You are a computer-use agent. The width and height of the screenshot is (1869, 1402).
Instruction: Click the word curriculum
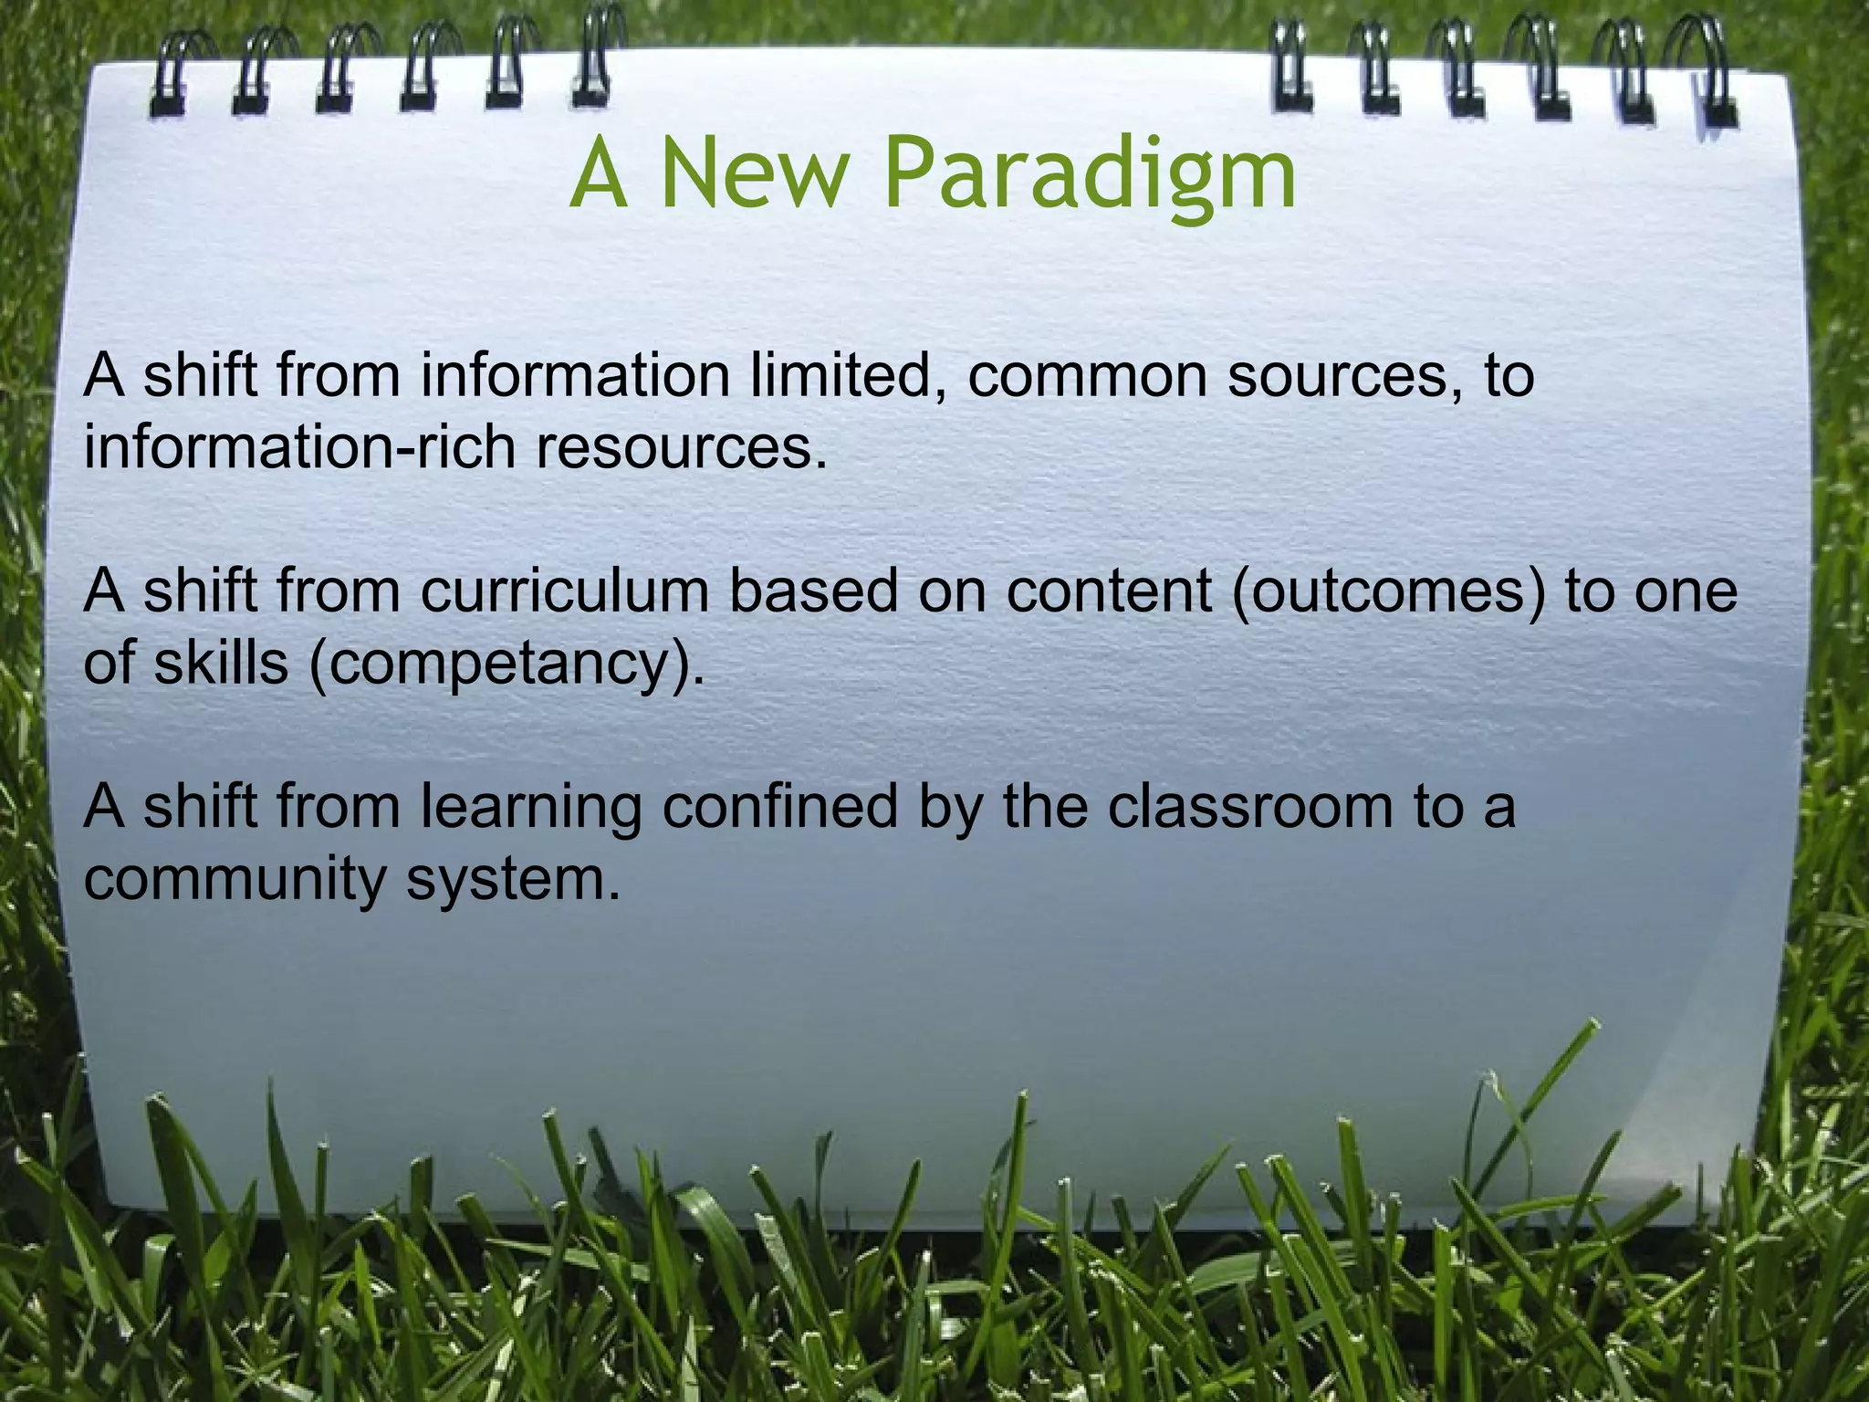click(565, 591)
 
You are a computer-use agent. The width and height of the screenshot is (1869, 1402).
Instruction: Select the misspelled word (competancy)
click(506, 664)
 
